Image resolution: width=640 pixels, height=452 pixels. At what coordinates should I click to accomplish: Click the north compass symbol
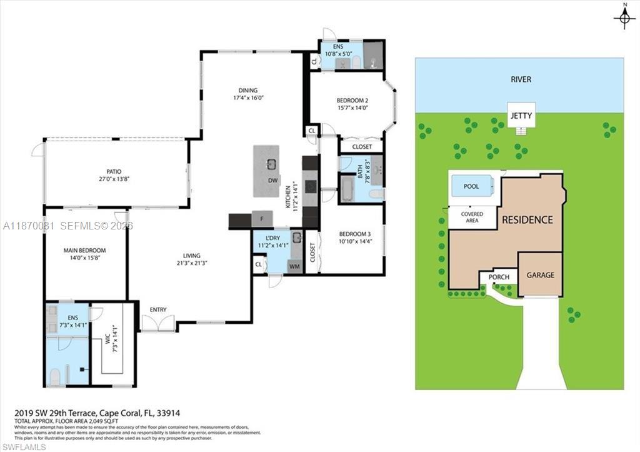[x=624, y=18]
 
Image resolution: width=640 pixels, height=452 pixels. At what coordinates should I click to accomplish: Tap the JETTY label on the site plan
[x=521, y=116]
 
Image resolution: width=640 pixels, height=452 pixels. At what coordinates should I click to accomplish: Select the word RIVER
[x=520, y=79]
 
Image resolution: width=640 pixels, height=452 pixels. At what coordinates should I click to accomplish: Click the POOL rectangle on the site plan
[x=471, y=186]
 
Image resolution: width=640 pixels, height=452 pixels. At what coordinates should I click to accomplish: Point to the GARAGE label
[x=540, y=274]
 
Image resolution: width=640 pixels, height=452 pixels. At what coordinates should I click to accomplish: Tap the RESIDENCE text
[x=527, y=220]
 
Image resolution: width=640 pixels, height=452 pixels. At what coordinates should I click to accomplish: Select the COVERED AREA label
[x=472, y=217]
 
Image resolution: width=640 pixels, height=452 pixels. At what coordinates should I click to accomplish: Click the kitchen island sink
[x=271, y=164]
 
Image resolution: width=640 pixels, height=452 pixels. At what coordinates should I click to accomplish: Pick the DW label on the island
[x=272, y=181]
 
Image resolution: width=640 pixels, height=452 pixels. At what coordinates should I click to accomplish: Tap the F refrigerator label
[x=262, y=219]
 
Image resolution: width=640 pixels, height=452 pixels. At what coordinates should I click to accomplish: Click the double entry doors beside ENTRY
[x=158, y=323]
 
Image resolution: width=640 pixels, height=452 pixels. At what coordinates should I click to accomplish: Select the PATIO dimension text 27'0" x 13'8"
[x=113, y=179]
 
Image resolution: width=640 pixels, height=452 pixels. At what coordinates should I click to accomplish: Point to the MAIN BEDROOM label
[x=84, y=251]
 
